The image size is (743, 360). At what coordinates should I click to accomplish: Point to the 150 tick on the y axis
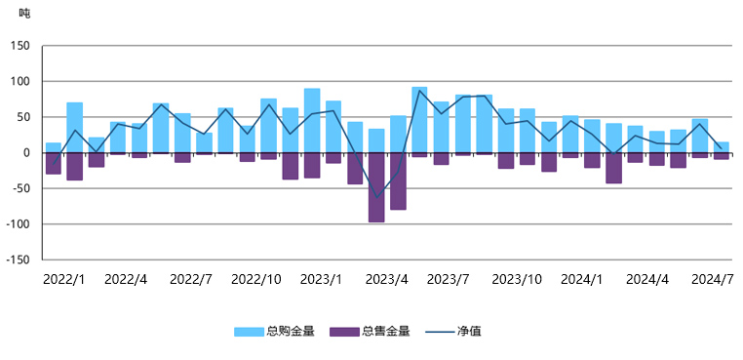pos(20,46)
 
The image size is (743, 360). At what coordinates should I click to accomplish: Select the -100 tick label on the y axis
pos(18,224)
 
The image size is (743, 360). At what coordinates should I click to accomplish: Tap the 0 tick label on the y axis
pos(26,153)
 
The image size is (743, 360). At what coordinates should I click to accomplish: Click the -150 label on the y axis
pos(18,260)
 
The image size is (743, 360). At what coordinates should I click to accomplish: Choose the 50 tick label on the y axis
pos(23,117)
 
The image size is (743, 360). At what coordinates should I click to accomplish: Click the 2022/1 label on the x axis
pos(63,279)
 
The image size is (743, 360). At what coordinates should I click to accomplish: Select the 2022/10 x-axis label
pos(256,279)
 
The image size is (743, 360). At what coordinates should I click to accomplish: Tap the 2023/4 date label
pos(386,279)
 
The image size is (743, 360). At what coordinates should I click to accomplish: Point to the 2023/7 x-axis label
pos(450,279)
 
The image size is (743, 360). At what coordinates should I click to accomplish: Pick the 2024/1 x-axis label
pos(581,279)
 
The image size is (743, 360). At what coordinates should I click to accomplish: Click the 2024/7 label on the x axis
pos(711,279)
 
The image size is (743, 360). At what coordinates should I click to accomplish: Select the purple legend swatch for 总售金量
pos(344,332)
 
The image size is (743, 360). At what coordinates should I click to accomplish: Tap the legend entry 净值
pos(468,332)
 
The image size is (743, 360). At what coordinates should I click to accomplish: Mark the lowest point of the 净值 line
pos(376,198)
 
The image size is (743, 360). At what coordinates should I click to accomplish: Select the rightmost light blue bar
pos(722,147)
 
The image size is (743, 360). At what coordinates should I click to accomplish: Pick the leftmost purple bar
pos(54,163)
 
